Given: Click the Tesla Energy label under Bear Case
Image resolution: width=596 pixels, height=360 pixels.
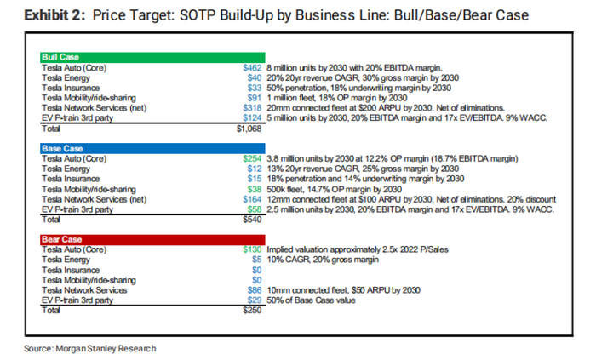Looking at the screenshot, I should [65, 260].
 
